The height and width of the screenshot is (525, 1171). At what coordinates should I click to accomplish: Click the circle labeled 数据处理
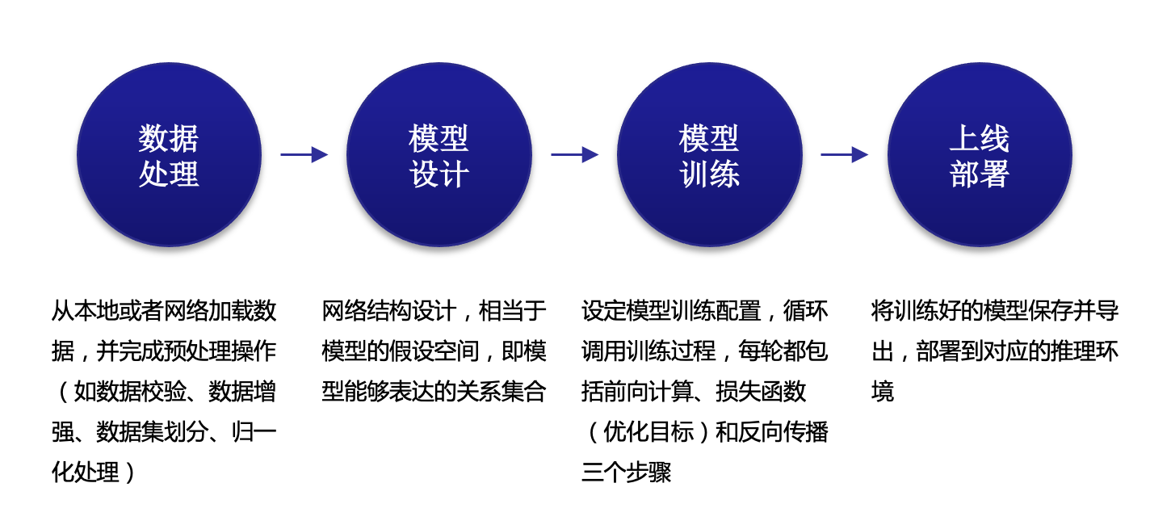point(169,155)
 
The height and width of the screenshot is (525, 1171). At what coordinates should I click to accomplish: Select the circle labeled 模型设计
point(439,155)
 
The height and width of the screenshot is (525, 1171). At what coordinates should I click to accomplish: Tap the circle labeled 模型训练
point(709,155)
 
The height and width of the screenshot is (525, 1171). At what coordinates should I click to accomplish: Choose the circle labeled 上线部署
point(979,155)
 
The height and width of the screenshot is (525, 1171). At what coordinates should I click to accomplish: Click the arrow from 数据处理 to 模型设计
point(304,154)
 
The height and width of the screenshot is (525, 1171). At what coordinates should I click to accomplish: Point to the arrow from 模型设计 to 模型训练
point(574,154)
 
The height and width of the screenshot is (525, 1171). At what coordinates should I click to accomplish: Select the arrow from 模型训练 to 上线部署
point(844,154)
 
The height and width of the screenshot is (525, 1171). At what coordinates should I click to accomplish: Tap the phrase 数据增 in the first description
point(242,391)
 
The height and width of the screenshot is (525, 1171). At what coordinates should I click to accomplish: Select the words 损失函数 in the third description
point(761,391)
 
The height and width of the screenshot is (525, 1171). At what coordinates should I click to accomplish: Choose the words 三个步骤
point(626,472)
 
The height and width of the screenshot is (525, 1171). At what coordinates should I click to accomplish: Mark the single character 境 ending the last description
point(883,392)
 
